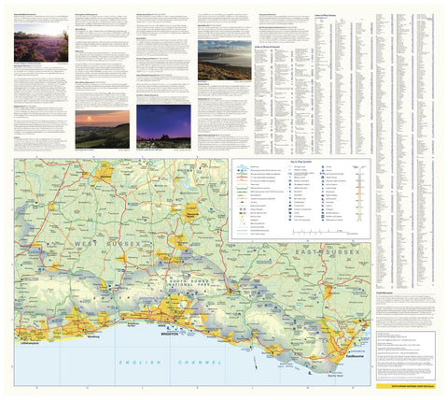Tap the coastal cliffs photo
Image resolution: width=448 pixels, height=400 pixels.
224,59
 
